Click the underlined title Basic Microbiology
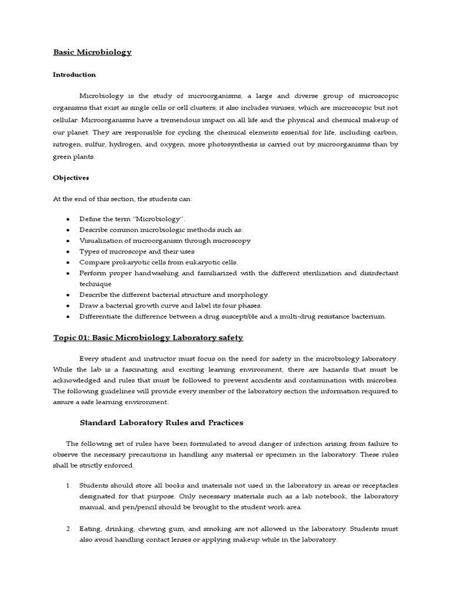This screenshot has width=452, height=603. (92, 52)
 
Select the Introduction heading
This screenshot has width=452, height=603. (74, 75)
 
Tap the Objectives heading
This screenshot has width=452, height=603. (71, 177)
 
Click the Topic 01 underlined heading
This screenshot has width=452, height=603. (148, 337)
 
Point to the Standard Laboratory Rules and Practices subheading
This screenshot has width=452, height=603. (161, 423)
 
